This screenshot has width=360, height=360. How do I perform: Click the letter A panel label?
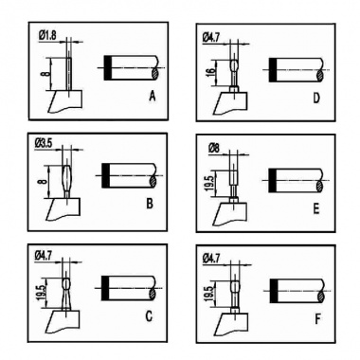(x=153, y=96)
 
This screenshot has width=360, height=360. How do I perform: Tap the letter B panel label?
(x=150, y=204)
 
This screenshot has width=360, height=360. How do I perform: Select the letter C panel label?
(x=149, y=315)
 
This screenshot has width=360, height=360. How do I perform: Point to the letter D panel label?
(x=316, y=99)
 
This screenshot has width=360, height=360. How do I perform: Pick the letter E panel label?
(x=316, y=208)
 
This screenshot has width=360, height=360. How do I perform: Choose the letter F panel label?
(x=317, y=319)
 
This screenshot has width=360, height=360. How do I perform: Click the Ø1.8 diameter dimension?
(x=48, y=35)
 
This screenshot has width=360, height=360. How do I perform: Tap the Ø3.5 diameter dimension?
(x=44, y=143)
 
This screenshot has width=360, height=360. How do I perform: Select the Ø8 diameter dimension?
(x=214, y=148)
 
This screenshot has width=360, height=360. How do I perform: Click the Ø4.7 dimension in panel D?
(x=210, y=38)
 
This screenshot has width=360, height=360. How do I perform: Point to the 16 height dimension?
(x=211, y=73)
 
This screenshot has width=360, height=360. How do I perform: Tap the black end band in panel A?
(x=108, y=68)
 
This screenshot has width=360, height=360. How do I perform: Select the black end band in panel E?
(x=273, y=180)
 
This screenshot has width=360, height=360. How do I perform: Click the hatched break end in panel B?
(x=153, y=181)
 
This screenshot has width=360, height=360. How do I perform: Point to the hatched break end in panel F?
(x=321, y=297)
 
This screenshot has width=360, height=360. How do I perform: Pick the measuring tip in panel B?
(x=67, y=181)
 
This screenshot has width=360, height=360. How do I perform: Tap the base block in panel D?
(x=230, y=102)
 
